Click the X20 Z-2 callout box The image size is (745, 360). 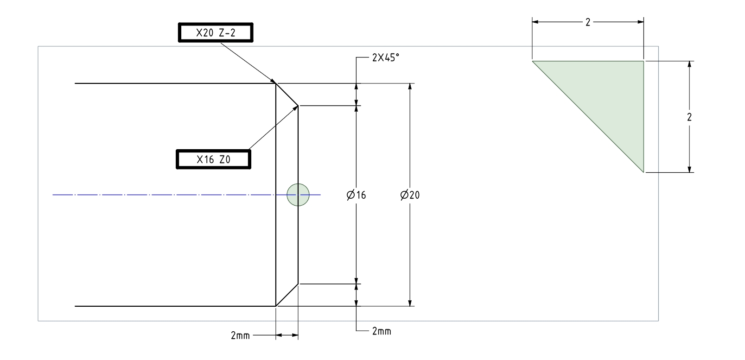[x=216, y=33]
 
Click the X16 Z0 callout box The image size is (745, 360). [x=213, y=159]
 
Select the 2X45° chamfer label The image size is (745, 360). [x=385, y=58]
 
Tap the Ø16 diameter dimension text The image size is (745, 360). [x=356, y=195]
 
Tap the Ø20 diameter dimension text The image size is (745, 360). [x=410, y=195]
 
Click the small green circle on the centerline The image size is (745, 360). [x=298, y=195]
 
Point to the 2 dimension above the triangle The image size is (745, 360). [x=588, y=22]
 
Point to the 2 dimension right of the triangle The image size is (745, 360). [x=689, y=117]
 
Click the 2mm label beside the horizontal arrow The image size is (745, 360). [x=240, y=335]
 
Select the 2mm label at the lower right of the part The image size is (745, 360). [x=382, y=331]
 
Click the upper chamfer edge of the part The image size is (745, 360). [x=287, y=95]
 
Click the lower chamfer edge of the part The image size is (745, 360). [x=287, y=295]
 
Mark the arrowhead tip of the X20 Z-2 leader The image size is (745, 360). [x=276, y=84]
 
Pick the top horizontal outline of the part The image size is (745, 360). [x=176, y=83]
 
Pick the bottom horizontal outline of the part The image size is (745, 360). [x=176, y=306]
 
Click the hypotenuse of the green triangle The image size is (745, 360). [x=588, y=116]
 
